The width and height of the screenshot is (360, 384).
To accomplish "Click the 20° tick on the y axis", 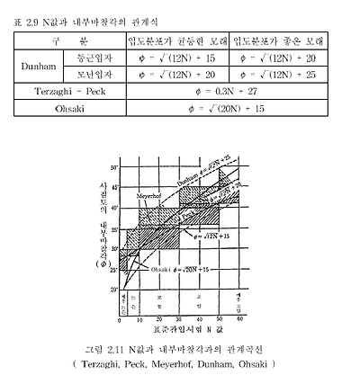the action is tap(115, 290).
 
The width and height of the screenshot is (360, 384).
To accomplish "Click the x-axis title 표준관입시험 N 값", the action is tap(179, 330).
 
